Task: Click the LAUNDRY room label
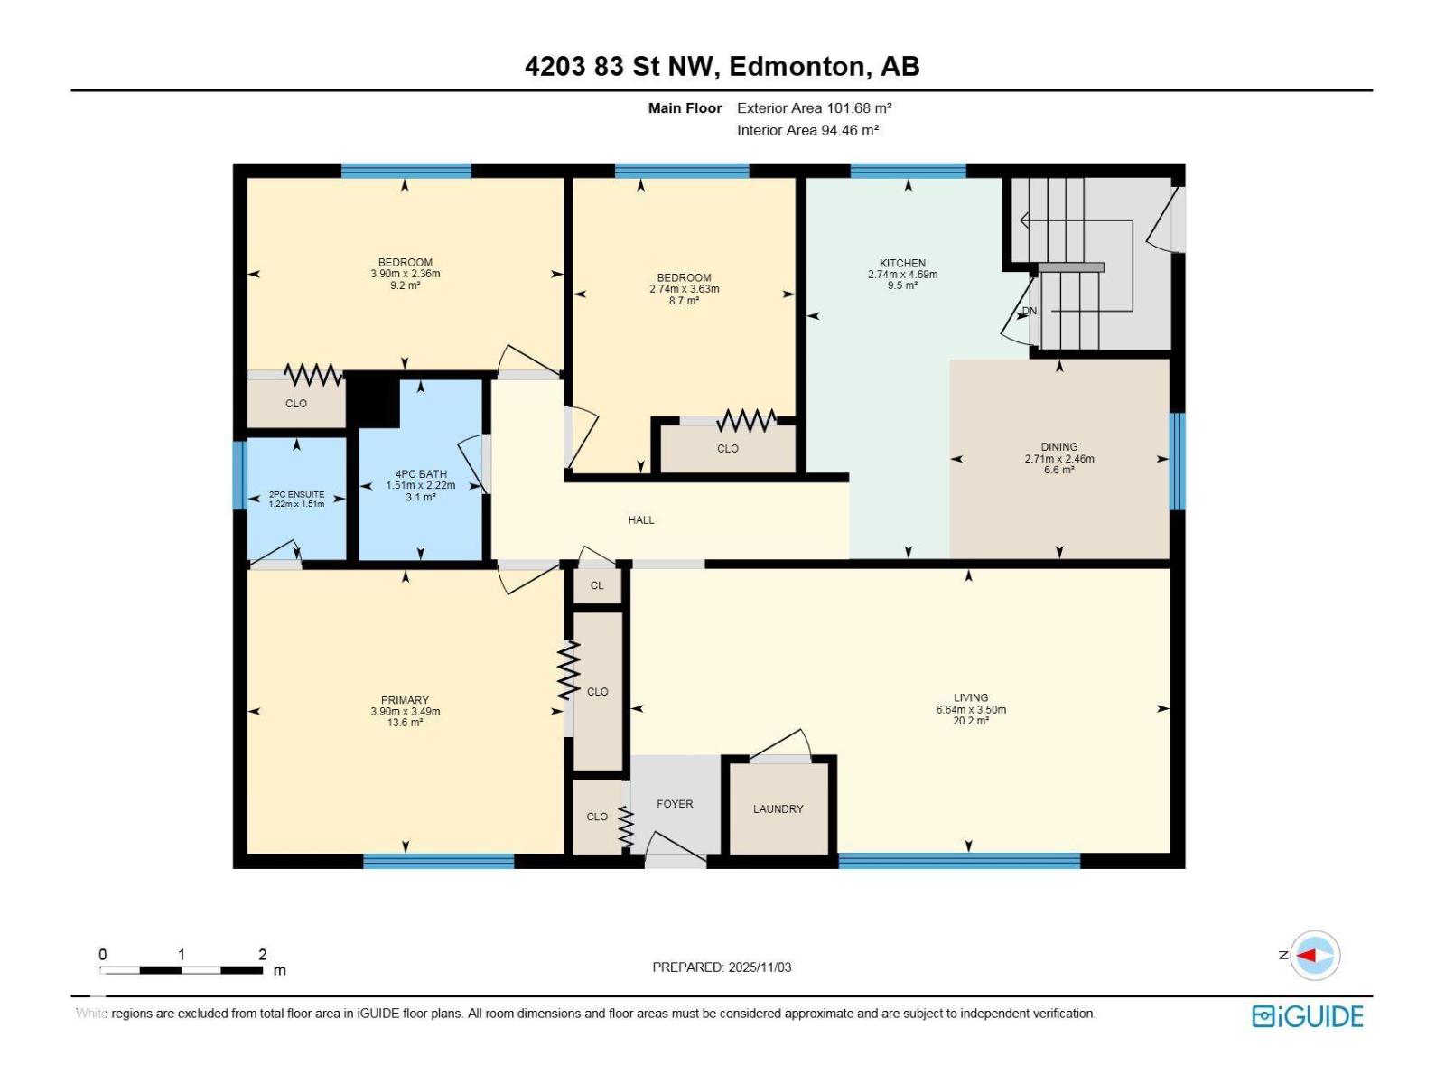778,808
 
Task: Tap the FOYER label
675,803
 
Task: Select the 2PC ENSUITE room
296,499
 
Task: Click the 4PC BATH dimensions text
421,485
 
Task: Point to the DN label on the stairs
1030,311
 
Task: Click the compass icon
1314,955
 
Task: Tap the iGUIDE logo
1307,1016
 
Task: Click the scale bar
181,970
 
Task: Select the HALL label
641,519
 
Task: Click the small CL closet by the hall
597,585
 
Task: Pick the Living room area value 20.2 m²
971,721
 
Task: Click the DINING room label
1058,446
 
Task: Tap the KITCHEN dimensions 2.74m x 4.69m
902,275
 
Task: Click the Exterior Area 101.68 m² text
814,107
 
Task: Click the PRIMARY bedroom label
405,700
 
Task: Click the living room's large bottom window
959,861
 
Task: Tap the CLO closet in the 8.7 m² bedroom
728,448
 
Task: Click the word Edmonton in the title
795,66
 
